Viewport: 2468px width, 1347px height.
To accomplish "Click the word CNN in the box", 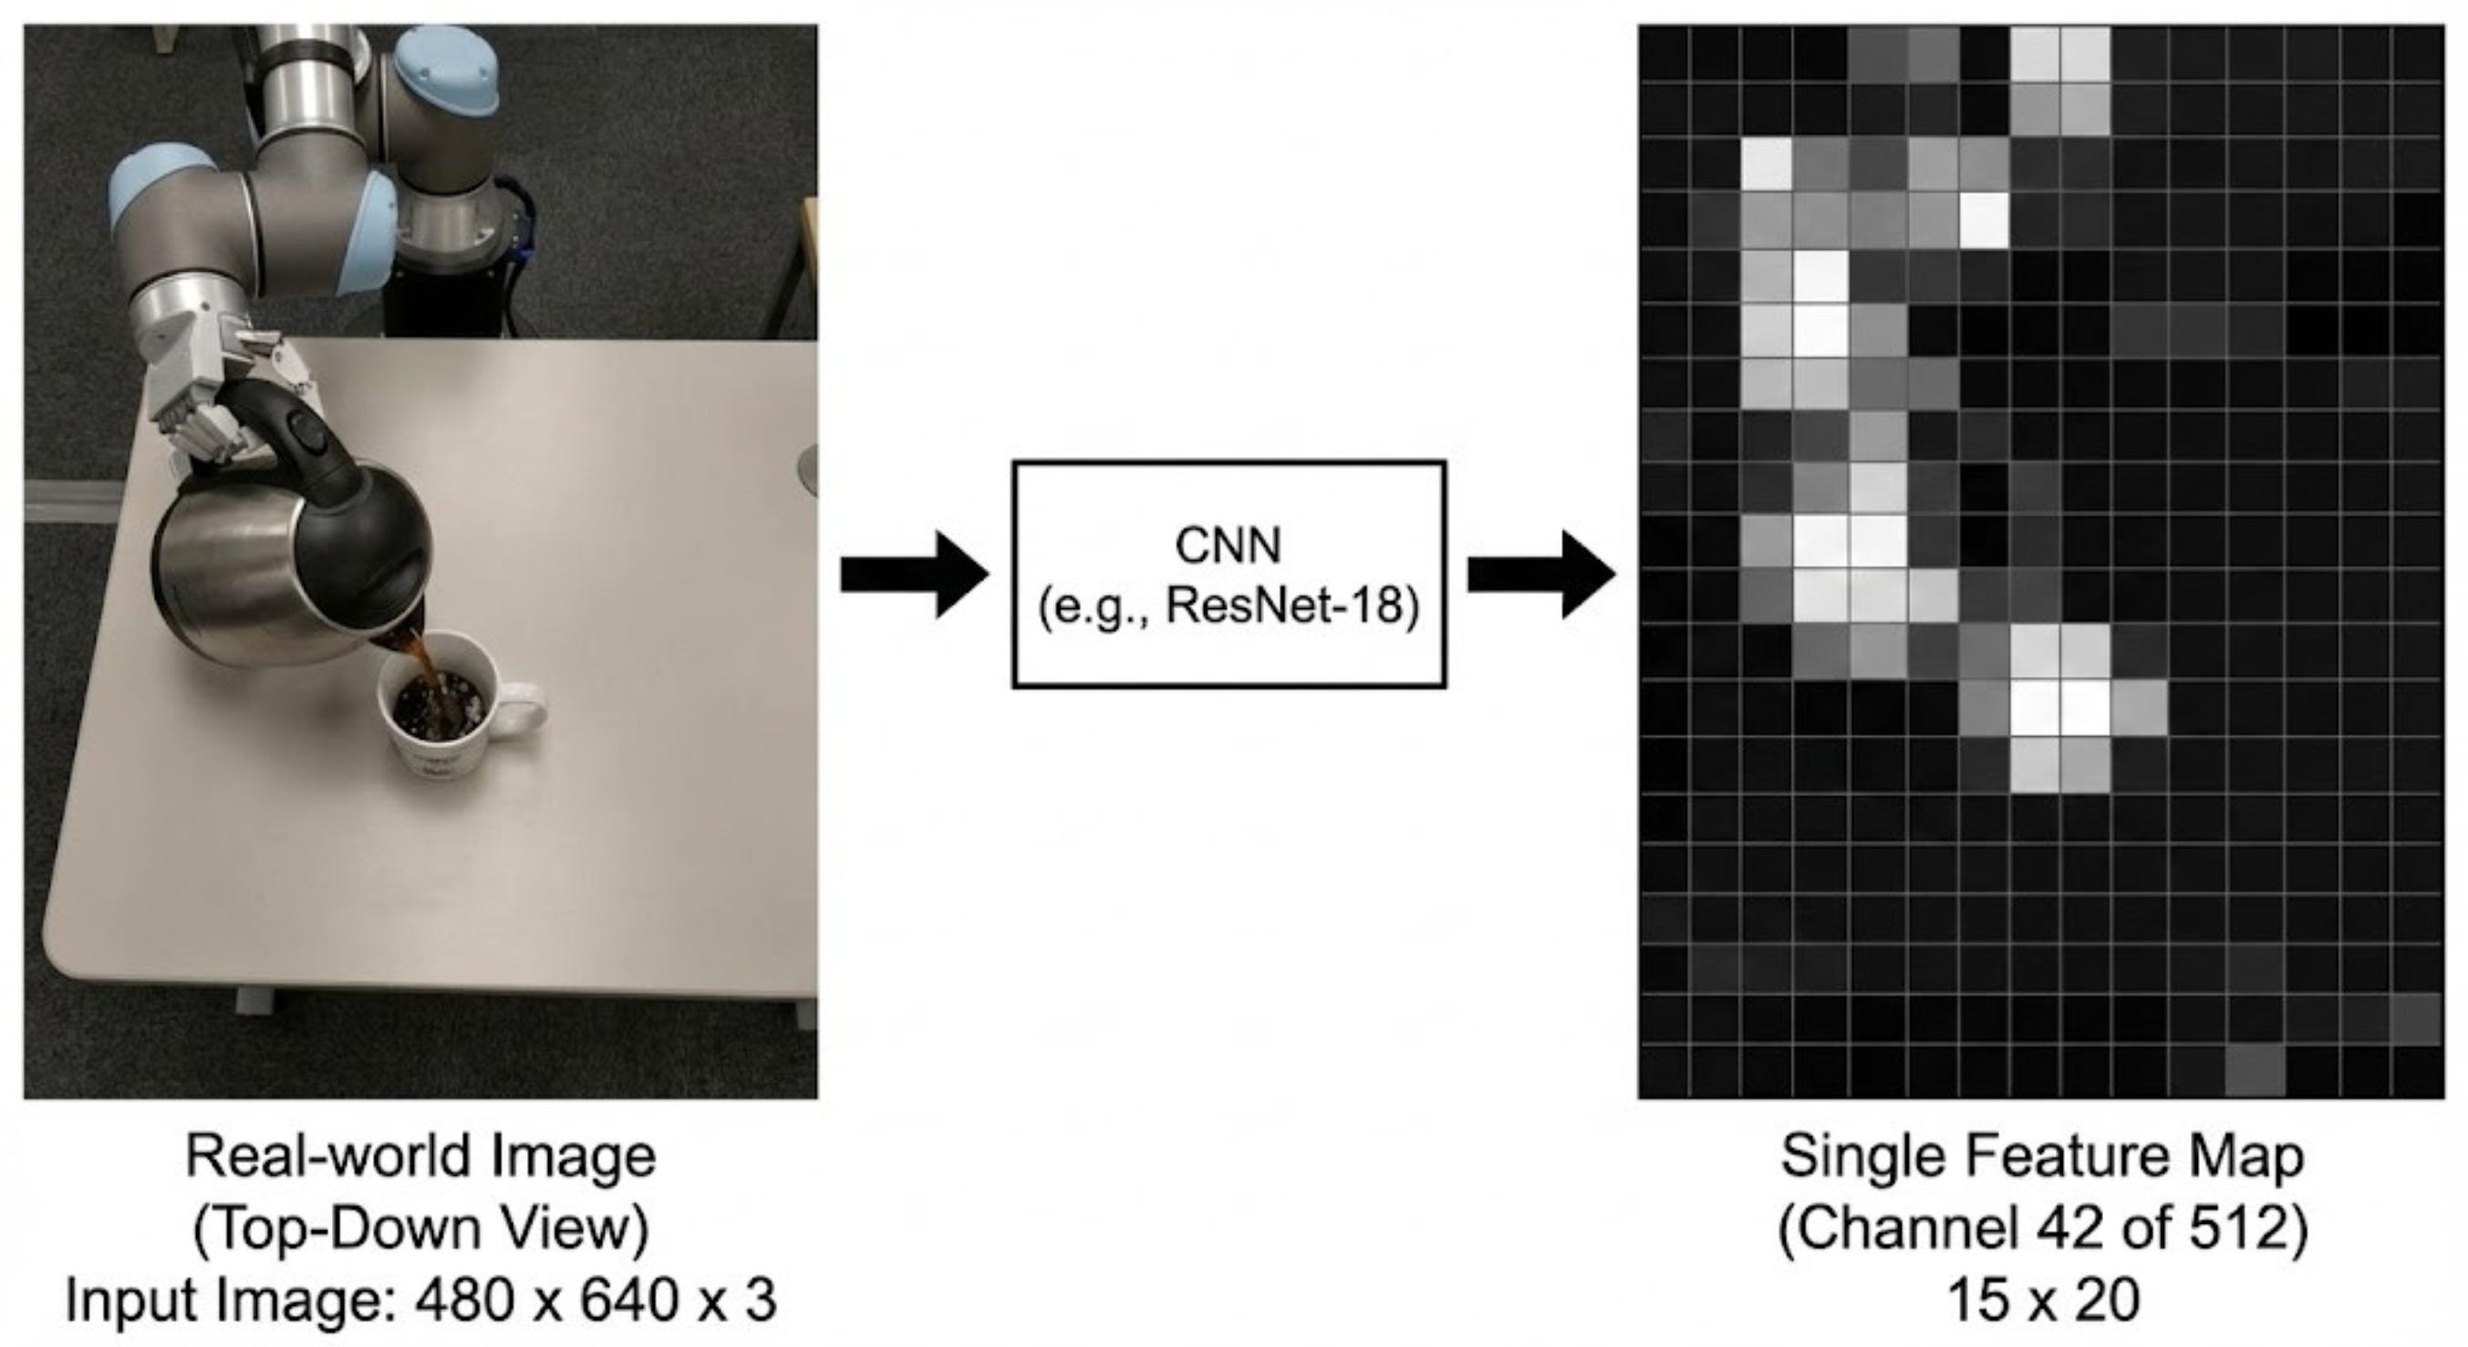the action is (1229, 547).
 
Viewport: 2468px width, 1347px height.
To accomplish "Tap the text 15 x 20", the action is (2043, 1301).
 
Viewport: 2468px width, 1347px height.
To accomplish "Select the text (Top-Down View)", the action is (421, 1229).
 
